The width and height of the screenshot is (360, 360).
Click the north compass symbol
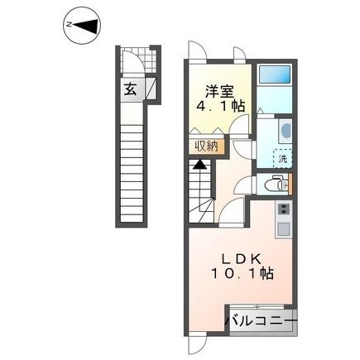click(x=80, y=26)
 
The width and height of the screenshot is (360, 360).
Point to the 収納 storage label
click(x=207, y=147)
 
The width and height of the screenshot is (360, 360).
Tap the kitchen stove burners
click(x=283, y=210)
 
